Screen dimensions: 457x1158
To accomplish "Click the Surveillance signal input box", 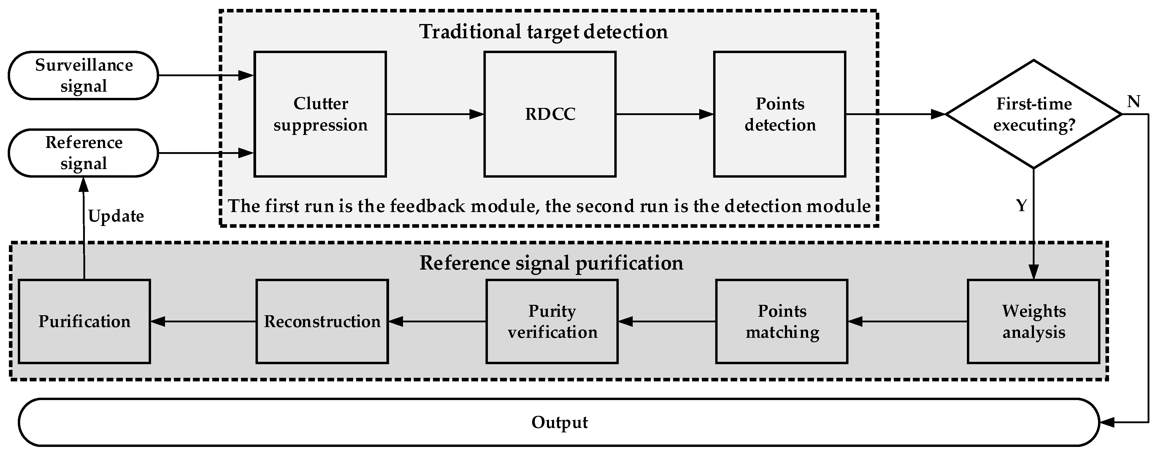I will coord(84,76).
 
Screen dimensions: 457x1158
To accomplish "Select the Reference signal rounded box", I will coord(84,153).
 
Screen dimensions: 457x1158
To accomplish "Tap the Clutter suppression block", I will coord(320,114).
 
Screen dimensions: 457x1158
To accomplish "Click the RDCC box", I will coord(550,114).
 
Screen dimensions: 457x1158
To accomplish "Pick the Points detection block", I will coord(780,114).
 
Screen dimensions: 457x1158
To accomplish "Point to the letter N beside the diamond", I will coord(1133,102).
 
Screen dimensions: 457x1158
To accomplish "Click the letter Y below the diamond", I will coord(1021,206).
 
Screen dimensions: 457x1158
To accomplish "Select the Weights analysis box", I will coord(1033,321).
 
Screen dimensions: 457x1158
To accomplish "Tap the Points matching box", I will coord(782,321).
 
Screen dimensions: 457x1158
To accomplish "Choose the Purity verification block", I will coord(552,321).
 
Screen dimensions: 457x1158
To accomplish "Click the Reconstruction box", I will coord(322,321).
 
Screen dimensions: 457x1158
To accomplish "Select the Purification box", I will coord(84,321).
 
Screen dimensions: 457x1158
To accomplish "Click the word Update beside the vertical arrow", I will coord(116,216).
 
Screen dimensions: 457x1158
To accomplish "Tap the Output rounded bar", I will coord(559,422).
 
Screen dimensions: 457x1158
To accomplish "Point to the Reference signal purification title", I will coord(551,263).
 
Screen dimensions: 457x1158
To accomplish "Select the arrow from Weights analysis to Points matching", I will coord(907,321).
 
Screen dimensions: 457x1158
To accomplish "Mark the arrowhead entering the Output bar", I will coord(1106,422).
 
